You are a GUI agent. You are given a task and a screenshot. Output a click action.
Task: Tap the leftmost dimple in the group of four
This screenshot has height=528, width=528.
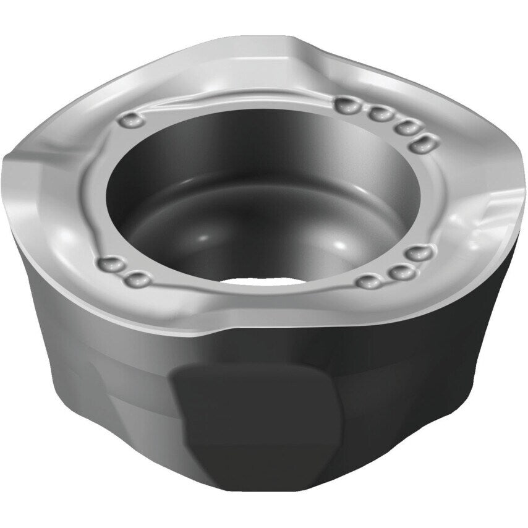(x=346, y=106)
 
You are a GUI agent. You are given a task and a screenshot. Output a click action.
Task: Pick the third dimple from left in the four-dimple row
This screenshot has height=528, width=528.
(x=406, y=126)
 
